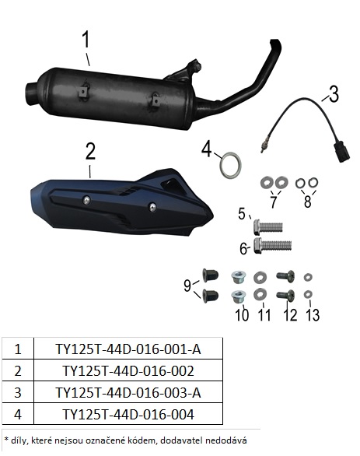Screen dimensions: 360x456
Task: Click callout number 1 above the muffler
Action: [x=86, y=40]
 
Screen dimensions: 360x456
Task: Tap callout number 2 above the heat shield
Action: [x=90, y=151]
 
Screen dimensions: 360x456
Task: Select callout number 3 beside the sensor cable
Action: [x=334, y=93]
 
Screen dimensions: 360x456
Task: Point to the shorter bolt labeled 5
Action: [x=268, y=227]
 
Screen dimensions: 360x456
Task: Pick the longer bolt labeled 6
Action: [x=273, y=246]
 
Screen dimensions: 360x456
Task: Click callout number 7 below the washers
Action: [x=273, y=202]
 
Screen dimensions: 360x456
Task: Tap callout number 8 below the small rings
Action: [x=307, y=202]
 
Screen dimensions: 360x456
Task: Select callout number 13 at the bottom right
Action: [x=313, y=314]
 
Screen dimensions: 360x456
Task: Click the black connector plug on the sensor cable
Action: [x=342, y=151]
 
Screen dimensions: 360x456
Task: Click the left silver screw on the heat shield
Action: [x=86, y=200]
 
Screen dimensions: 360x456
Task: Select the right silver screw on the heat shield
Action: [x=152, y=207]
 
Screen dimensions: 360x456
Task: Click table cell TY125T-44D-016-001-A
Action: [x=128, y=349]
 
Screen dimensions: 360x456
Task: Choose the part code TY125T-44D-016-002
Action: [x=128, y=370]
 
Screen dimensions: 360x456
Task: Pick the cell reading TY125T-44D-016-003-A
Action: [x=128, y=393]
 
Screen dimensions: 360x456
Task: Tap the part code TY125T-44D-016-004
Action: [x=128, y=414]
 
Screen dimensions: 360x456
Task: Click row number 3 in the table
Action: [x=18, y=393]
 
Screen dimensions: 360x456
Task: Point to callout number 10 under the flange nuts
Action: [x=242, y=314]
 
